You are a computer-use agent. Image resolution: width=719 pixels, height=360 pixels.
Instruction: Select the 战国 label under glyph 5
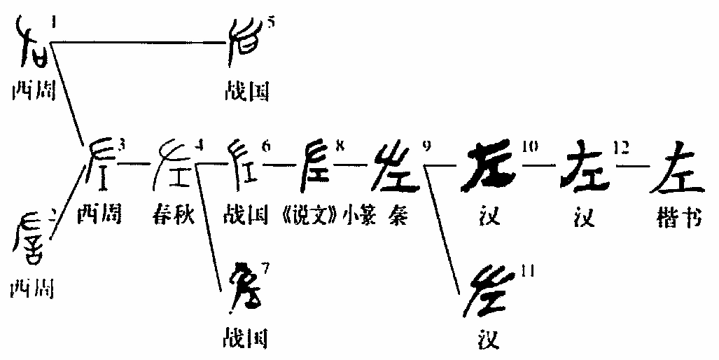[x=245, y=91]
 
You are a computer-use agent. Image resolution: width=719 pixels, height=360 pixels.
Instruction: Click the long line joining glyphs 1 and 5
[x=140, y=44]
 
